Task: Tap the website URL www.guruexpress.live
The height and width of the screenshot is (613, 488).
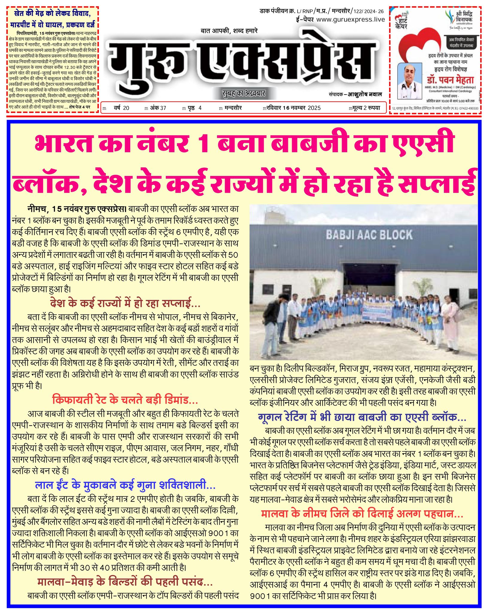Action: pos(350,19)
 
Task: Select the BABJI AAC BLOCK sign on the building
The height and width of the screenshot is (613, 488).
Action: pos(369,235)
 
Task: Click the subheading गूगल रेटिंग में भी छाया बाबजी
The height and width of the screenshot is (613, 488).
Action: pos(362,417)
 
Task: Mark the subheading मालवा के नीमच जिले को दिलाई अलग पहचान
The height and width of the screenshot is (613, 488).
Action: pos(362,514)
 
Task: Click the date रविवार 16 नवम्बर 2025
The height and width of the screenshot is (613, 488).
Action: pos(292,108)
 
